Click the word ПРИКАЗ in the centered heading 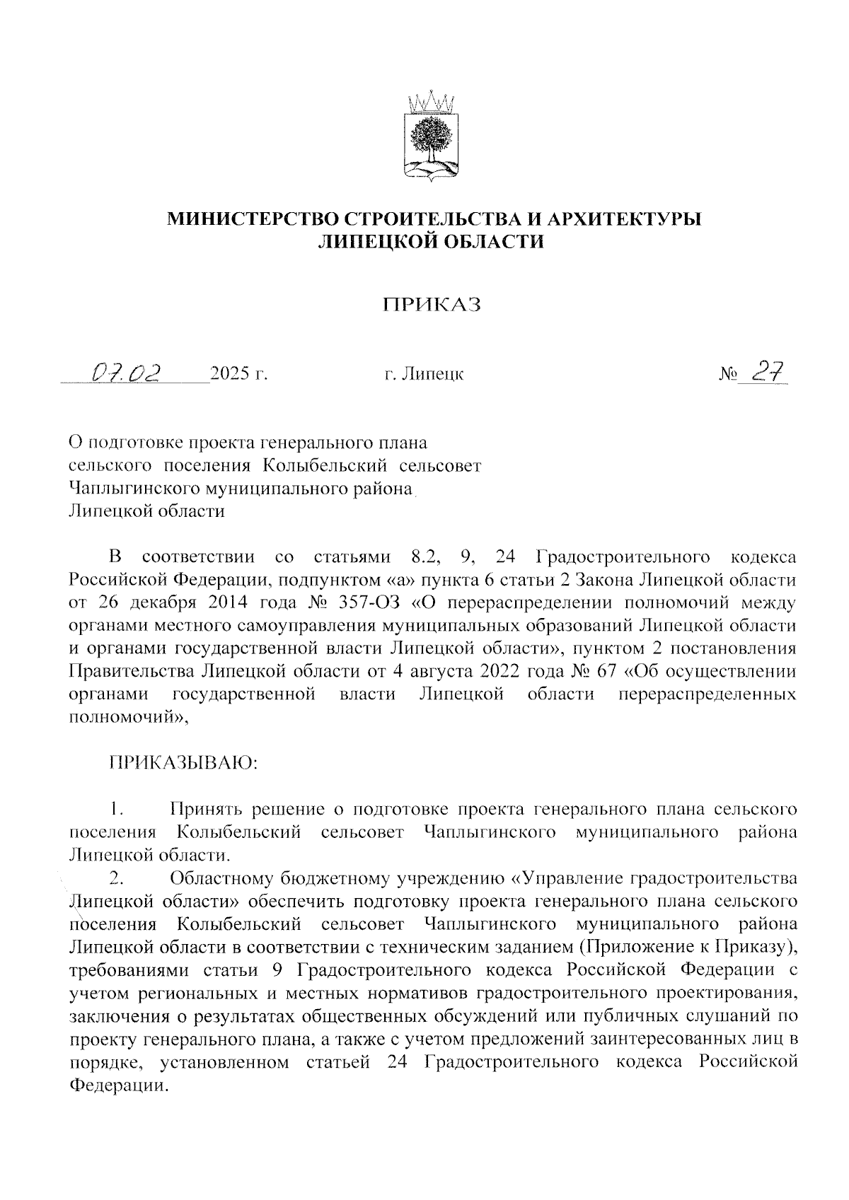click(x=432, y=305)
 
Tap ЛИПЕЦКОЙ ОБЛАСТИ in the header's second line click(x=432, y=242)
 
